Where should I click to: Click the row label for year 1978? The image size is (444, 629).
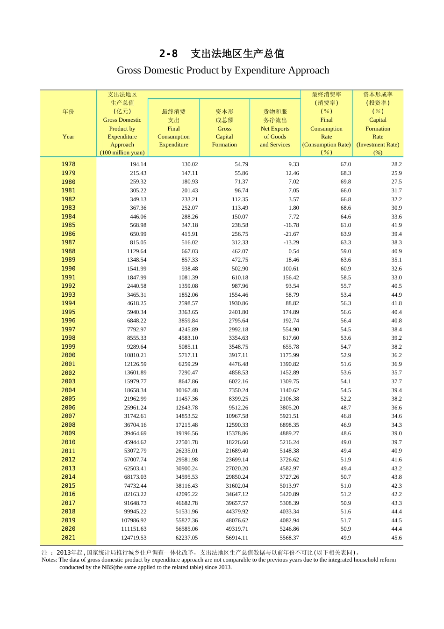68,164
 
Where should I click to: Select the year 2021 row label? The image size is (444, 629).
68,538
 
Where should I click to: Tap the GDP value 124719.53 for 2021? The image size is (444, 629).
134,538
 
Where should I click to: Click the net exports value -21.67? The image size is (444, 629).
291,234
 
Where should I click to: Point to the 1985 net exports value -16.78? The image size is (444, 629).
291,225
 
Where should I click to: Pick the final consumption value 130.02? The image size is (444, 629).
189,164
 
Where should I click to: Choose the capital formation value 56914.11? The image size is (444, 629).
237,538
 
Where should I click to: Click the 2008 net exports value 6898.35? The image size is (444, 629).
289,425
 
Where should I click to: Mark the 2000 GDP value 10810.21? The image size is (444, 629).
135,355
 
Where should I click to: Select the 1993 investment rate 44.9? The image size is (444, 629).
396,295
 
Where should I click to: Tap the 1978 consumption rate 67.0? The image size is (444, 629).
345,164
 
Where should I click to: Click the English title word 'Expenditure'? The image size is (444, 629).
260,70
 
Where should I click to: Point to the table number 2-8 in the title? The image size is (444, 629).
168,54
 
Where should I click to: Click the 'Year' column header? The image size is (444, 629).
68,137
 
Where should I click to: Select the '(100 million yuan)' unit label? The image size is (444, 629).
122,153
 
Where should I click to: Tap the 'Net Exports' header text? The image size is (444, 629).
275,129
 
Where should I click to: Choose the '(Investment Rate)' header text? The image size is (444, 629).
378,145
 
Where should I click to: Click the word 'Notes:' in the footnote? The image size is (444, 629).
49,560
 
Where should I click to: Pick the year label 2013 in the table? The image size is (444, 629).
68,468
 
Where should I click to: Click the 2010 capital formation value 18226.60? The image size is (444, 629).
237,442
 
